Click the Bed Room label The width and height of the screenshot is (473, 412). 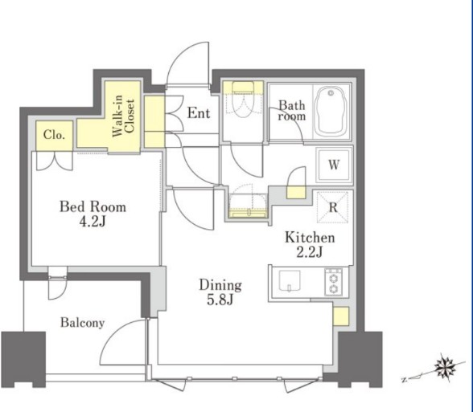click(x=93, y=207)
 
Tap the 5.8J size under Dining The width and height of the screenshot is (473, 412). click(x=220, y=300)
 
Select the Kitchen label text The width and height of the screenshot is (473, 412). click(x=311, y=238)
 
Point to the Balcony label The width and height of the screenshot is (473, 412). click(x=82, y=323)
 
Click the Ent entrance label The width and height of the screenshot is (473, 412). click(x=199, y=113)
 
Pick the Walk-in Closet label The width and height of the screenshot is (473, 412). click(x=123, y=116)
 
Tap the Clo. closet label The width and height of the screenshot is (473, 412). click(x=54, y=135)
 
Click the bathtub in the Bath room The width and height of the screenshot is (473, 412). click(x=331, y=111)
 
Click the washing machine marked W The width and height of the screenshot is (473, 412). click(x=334, y=165)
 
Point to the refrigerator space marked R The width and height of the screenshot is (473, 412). click(x=333, y=207)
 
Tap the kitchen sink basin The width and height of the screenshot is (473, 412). click(x=290, y=281)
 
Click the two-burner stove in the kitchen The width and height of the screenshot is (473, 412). click(x=333, y=282)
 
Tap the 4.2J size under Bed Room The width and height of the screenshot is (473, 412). click(x=93, y=222)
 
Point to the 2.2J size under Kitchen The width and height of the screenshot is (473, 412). click(x=310, y=252)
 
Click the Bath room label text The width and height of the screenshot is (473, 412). click(x=292, y=111)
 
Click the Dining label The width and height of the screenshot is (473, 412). click(x=220, y=285)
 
